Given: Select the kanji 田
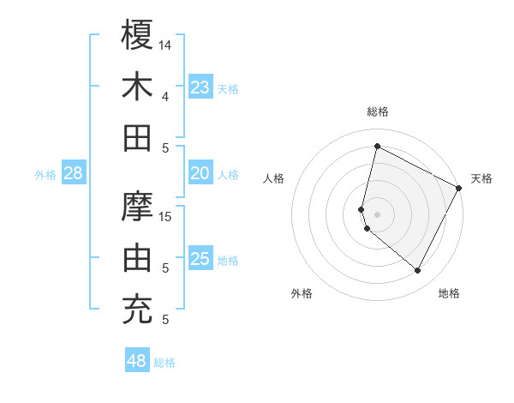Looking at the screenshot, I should (x=137, y=138).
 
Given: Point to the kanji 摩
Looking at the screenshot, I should (x=137, y=206).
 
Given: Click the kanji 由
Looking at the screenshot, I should (x=137, y=258).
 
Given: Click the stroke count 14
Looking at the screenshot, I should (x=165, y=44).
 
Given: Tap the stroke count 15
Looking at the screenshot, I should (x=165, y=216).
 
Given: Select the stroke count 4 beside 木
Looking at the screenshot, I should (x=164, y=96).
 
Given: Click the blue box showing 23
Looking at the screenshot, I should (x=200, y=87).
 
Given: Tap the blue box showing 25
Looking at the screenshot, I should (x=200, y=260).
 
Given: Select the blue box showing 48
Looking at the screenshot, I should (x=137, y=361).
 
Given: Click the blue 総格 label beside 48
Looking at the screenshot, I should (x=164, y=363).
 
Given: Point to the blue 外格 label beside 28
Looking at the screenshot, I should (x=45, y=175).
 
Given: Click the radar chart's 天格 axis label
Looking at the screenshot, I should (x=481, y=178).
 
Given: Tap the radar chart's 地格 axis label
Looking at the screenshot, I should (x=449, y=293).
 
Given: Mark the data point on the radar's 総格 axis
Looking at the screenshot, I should (x=376, y=147).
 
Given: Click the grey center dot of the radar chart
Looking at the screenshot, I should (x=377, y=214).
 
